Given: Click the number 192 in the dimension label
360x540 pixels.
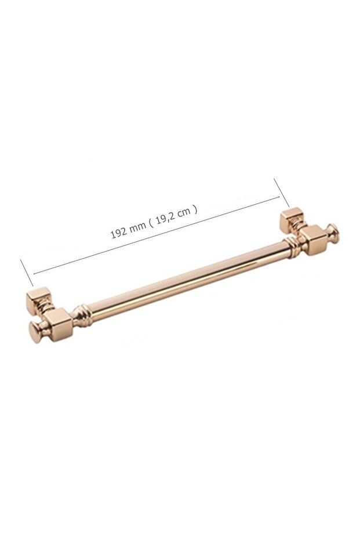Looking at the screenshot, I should tap(118, 233).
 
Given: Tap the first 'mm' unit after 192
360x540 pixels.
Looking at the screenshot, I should tap(137, 227).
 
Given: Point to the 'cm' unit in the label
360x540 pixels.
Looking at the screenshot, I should tap(184, 213).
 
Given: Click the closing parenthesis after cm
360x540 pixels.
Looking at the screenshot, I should tap(196, 209).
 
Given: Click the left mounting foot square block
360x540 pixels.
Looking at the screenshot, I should tap(39, 299).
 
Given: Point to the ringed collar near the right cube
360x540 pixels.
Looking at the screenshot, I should tap(292, 246).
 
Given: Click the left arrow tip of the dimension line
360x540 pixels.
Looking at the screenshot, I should tap(34, 273).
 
